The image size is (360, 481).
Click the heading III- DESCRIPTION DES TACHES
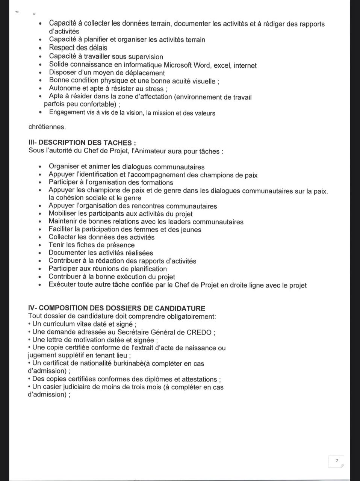[82, 143]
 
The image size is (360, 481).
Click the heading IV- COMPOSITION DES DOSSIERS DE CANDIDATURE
[116, 309]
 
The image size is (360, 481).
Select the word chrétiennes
[47, 127]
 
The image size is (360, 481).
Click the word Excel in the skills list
[222, 66]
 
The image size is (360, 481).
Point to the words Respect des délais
[78, 48]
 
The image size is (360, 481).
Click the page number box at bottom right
[336, 461]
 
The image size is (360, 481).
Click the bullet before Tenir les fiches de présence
[41, 245]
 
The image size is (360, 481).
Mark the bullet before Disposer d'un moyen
[41, 73]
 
